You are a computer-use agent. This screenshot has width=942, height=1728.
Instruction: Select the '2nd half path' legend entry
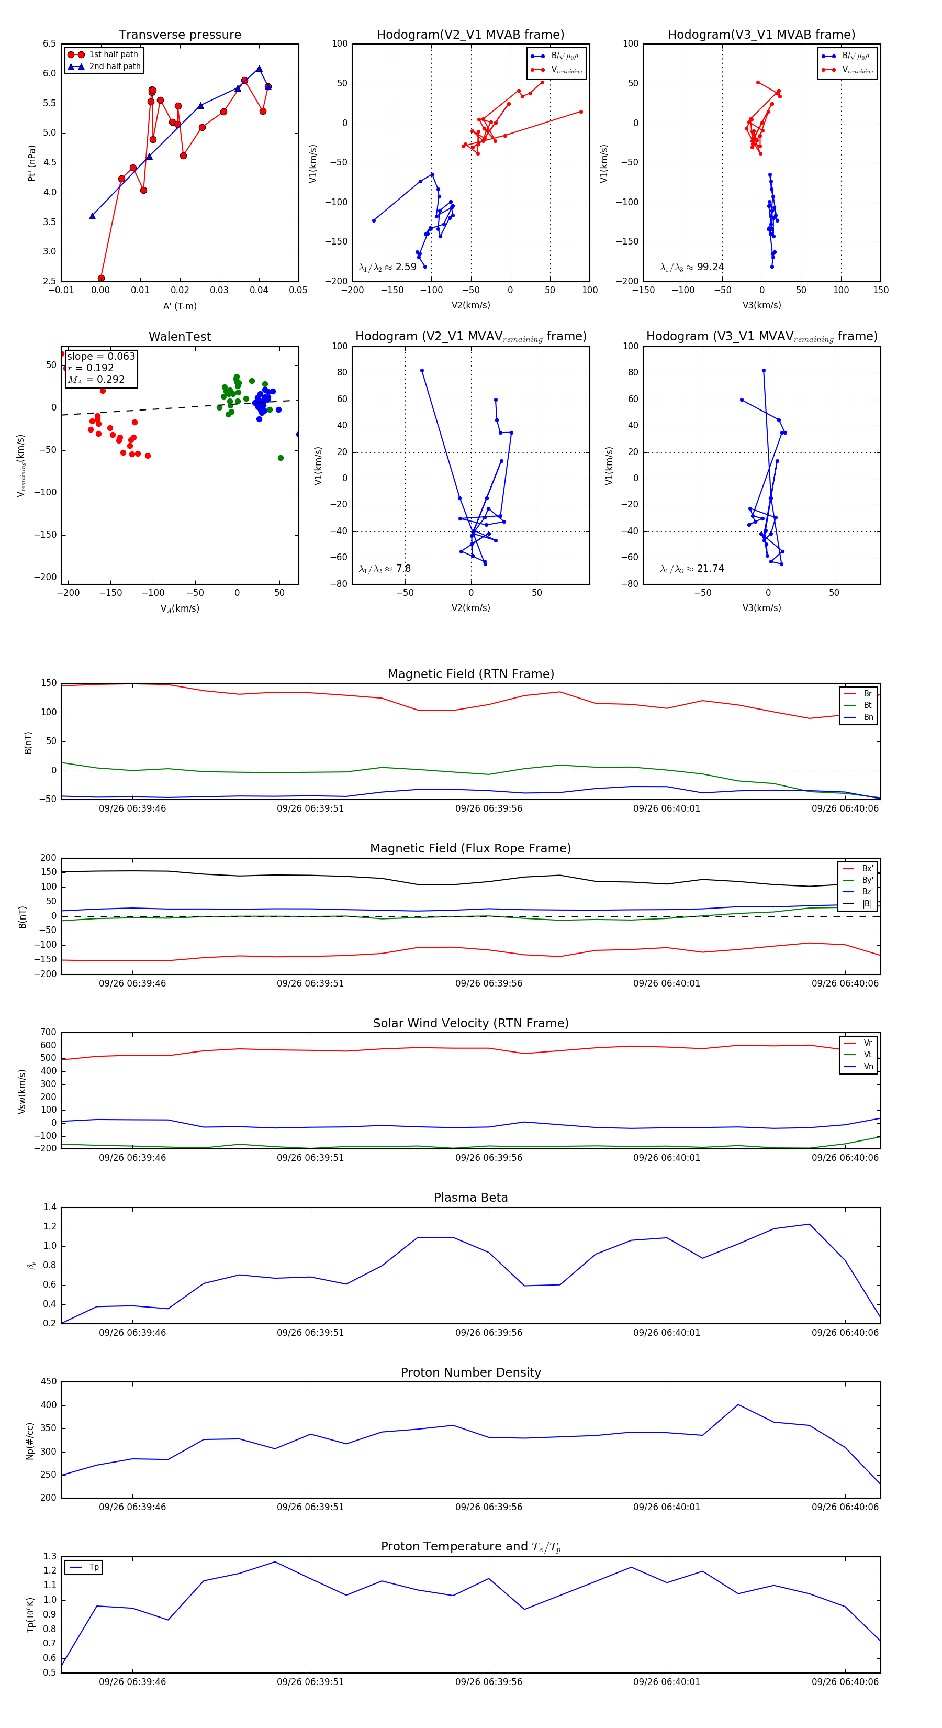click(115, 67)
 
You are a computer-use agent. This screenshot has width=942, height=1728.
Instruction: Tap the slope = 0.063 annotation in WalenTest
click(100, 356)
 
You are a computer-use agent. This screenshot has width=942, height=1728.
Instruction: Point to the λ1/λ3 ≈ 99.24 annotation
click(692, 267)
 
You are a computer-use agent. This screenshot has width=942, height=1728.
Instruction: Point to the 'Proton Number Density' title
click(470, 1372)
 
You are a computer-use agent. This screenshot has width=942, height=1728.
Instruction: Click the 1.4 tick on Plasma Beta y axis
click(50, 1207)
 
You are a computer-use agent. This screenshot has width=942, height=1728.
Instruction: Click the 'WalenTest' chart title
click(180, 337)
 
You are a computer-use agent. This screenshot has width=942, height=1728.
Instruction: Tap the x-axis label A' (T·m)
click(180, 306)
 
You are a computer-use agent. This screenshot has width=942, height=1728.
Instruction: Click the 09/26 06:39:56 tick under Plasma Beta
click(489, 1332)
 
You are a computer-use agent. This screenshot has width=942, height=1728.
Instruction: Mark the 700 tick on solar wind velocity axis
click(48, 1033)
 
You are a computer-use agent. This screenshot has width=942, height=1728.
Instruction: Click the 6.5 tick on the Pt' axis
click(50, 43)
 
